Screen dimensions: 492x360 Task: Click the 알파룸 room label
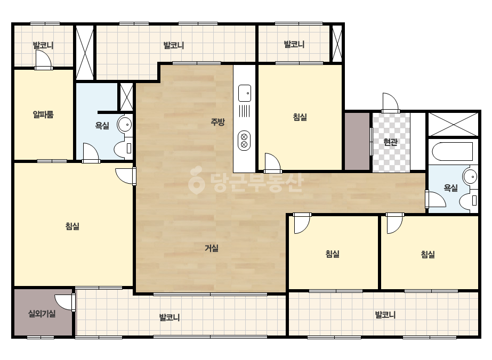click(x=43, y=114)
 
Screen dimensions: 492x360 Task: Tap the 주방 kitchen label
click(x=217, y=121)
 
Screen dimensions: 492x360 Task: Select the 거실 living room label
click(x=212, y=248)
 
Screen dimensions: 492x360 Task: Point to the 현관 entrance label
click(x=391, y=142)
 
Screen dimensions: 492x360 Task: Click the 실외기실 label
click(x=42, y=313)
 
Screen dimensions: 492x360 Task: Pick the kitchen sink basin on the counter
click(x=245, y=93)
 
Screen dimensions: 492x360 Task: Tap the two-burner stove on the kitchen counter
click(x=244, y=141)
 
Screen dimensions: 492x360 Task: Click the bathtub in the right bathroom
click(x=453, y=151)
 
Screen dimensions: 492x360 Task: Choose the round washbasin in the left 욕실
click(x=124, y=125)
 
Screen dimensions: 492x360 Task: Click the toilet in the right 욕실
click(x=469, y=200)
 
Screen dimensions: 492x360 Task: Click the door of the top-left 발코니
click(x=44, y=60)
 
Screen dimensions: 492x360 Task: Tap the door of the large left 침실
click(x=125, y=176)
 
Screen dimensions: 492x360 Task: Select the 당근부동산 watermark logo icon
click(x=196, y=180)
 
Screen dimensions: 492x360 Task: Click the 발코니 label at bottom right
click(x=385, y=315)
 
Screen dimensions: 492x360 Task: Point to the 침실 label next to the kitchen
click(x=300, y=117)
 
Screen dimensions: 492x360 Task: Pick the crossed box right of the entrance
click(x=454, y=124)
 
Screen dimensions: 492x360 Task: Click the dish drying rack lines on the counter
click(x=245, y=111)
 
